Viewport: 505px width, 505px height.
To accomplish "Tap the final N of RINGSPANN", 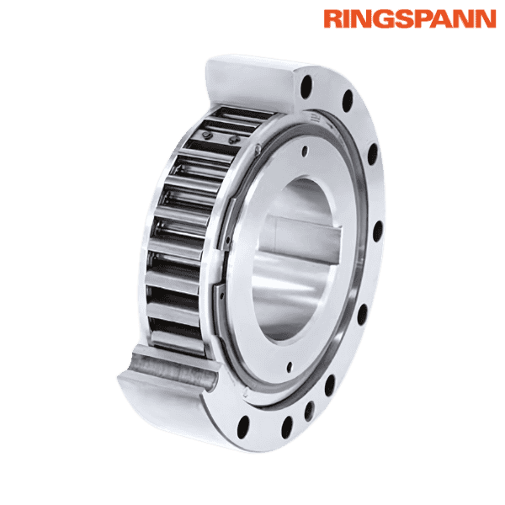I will click(x=486, y=19).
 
